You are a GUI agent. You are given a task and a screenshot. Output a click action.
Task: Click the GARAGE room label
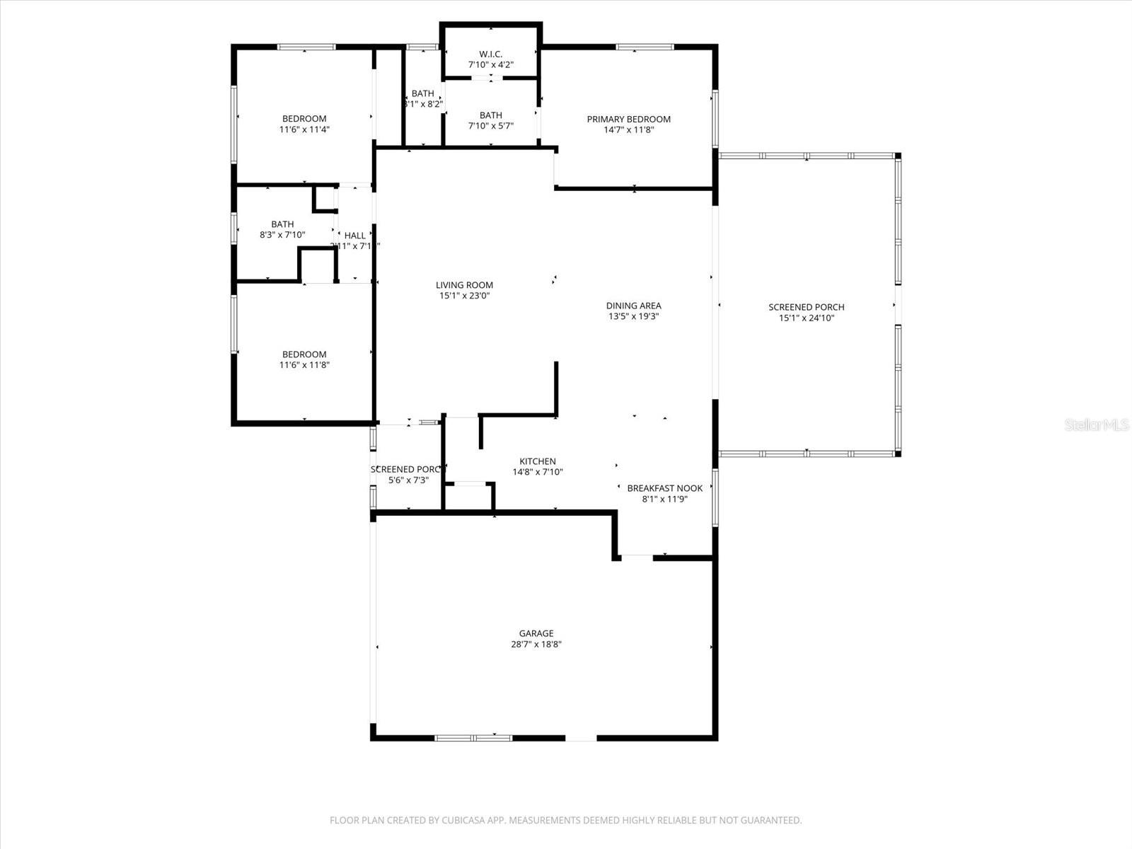click(536, 633)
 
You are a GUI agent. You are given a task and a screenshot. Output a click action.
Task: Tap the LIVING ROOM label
click(464, 285)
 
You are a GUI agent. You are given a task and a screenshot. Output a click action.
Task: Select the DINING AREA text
click(633, 306)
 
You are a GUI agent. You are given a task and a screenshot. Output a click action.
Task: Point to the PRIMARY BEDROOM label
click(628, 119)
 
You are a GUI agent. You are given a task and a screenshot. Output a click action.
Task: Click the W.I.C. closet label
click(490, 54)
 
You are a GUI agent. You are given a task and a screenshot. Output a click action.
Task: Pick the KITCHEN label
click(538, 461)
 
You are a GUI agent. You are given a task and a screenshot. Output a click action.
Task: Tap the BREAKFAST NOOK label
click(664, 488)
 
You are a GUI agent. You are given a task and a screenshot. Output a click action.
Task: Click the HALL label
click(355, 236)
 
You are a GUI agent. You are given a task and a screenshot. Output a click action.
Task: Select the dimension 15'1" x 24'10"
click(807, 318)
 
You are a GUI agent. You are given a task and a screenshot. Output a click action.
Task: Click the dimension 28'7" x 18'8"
click(536, 645)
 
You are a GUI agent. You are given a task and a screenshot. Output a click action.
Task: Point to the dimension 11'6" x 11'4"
click(304, 129)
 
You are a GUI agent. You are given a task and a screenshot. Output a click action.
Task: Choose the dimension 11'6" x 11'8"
click(304, 365)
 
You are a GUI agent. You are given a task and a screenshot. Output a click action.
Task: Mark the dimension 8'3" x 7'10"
click(282, 235)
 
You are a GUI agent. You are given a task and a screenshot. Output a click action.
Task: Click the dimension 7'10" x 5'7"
click(490, 126)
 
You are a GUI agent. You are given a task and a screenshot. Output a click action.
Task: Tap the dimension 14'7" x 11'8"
click(628, 130)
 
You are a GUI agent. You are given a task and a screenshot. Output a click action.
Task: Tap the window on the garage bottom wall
click(473, 738)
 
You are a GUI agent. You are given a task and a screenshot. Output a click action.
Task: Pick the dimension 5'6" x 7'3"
click(408, 480)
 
